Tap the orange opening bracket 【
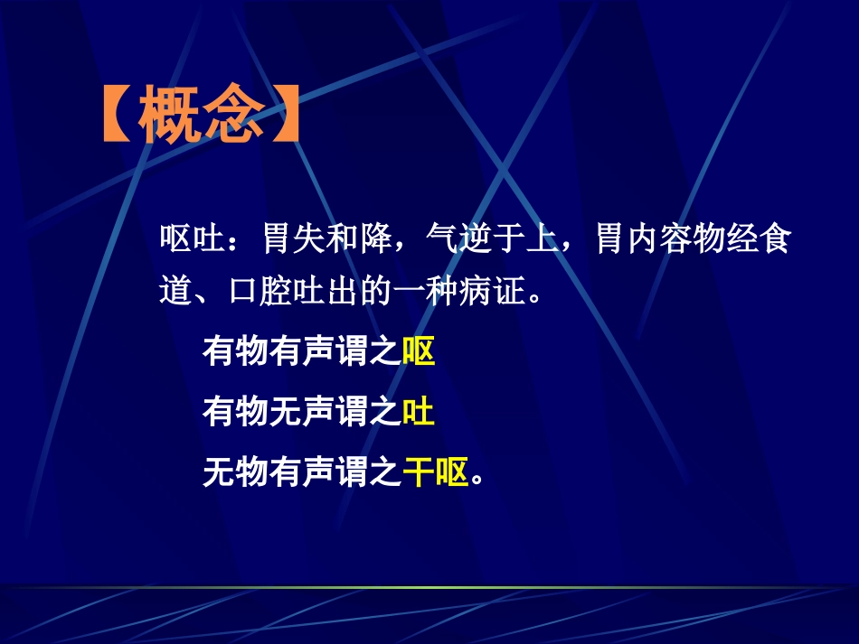(118, 117)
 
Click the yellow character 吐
(419, 413)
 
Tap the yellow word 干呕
(435, 472)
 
